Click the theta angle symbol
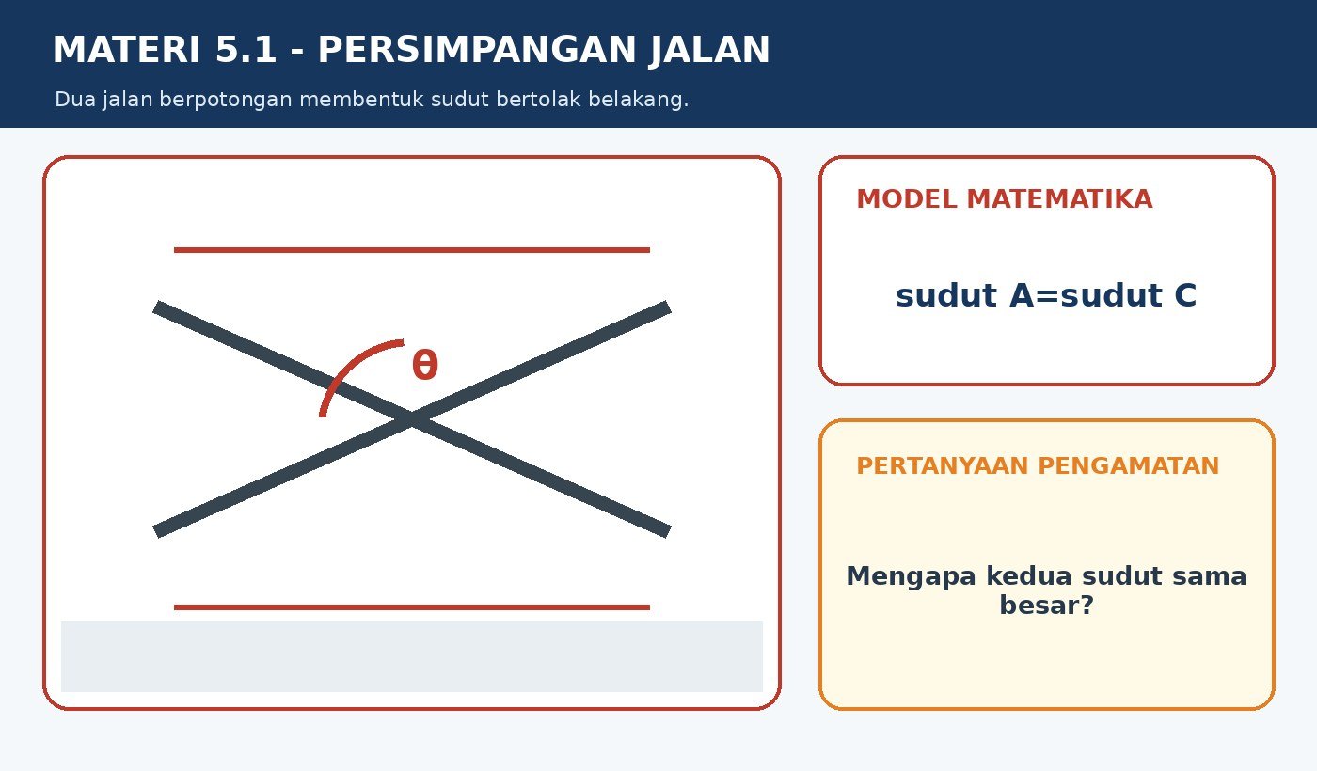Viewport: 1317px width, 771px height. pyautogui.click(x=425, y=365)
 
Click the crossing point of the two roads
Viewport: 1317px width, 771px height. pyautogui.click(x=412, y=419)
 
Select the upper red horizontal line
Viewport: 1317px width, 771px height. pyautogui.click(x=412, y=250)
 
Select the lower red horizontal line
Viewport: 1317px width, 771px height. pyautogui.click(x=412, y=607)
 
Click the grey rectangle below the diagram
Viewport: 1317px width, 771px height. pyautogui.click(x=412, y=656)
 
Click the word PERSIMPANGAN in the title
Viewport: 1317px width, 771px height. pyautogui.click(x=477, y=49)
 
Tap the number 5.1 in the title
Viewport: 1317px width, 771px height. pyautogui.click(x=246, y=49)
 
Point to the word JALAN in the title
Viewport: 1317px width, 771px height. pyautogui.click(x=709, y=51)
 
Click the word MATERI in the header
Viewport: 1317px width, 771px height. pyautogui.click(x=126, y=49)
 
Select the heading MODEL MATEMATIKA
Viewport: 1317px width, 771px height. pyautogui.click(x=1005, y=199)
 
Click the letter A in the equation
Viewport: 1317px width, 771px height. pyautogui.click(x=1022, y=295)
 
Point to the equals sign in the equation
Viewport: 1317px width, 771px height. pyautogui.click(x=1048, y=296)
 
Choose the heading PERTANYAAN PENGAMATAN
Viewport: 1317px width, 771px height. pyautogui.click(x=1038, y=466)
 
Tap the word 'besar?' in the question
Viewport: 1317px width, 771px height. pyautogui.click(x=1046, y=605)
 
